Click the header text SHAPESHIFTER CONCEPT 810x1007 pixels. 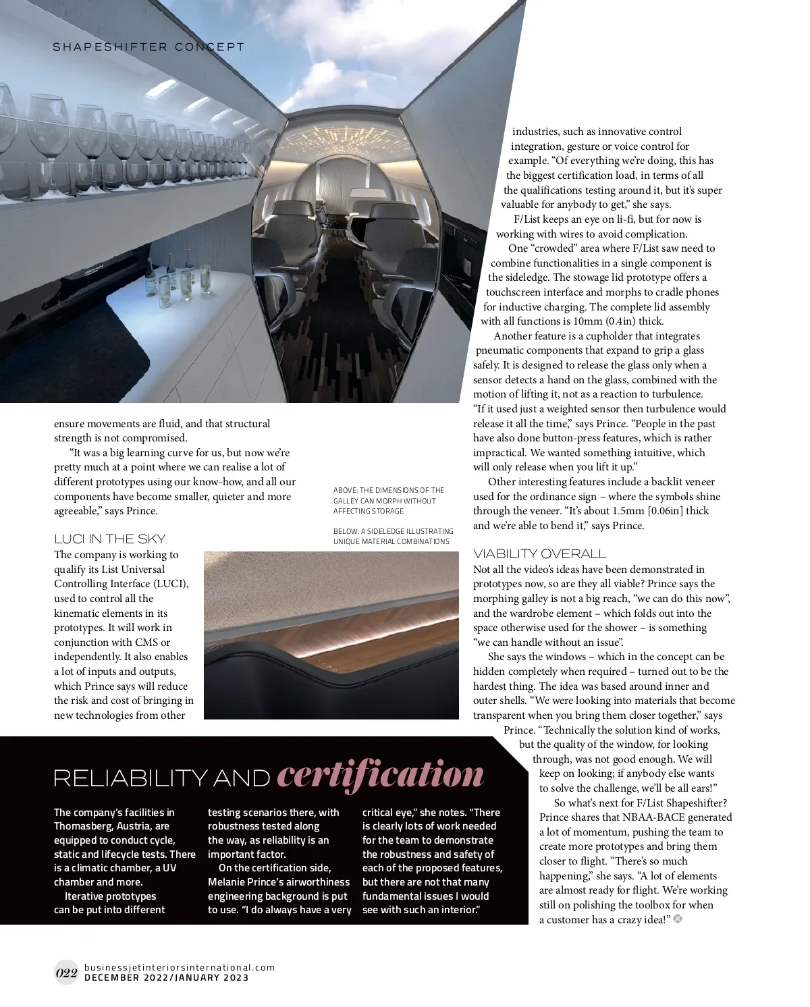(x=148, y=47)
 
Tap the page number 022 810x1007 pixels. (x=66, y=973)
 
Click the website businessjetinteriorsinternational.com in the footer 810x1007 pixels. (x=180, y=967)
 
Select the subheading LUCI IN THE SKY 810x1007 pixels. (x=109, y=539)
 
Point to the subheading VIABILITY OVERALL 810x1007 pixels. (x=539, y=553)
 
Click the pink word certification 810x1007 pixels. (x=380, y=775)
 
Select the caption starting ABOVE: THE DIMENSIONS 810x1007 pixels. (x=389, y=501)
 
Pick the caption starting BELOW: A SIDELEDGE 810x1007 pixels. (x=393, y=536)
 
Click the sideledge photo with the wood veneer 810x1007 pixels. (x=331, y=634)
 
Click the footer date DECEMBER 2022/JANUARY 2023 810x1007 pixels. (x=167, y=977)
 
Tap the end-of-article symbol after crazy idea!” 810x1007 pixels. (x=678, y=919)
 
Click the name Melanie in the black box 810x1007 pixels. (x=228, y=882)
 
